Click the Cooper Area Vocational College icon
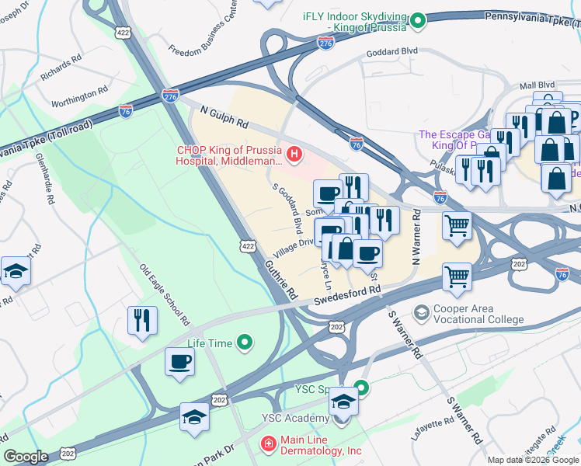pyautogui.click(x=422, y=312)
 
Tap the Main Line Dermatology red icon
pyautogui.click(x=267, y=443)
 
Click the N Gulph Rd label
pyautogui.click(x=223, y=117)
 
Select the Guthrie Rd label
pyautogui.click(x=284, y=280)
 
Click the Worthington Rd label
pyautogui.click(x=80, y=98)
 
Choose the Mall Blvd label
pyautogui.click(x=538, y=84)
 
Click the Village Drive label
pyautogui.click(x=293, y=248)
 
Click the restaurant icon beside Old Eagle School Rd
pyautogui.click(x=141, y=321)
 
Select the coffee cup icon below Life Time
pyautogui.click(x=180, y=362)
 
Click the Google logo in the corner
pyautogui.click(x=26, y=457)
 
